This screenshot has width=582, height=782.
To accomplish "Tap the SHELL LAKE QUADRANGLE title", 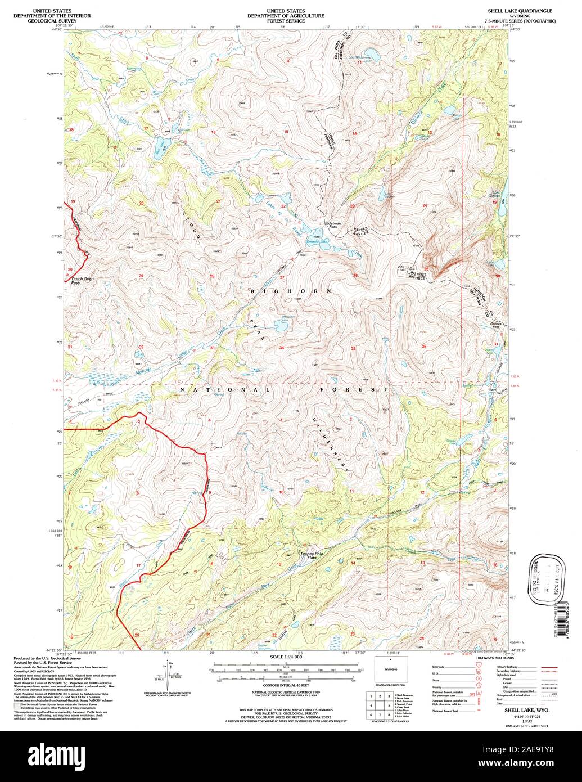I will (519, 11).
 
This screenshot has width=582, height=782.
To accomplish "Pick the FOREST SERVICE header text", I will (286, 21).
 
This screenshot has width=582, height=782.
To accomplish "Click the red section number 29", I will (141, 276).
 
